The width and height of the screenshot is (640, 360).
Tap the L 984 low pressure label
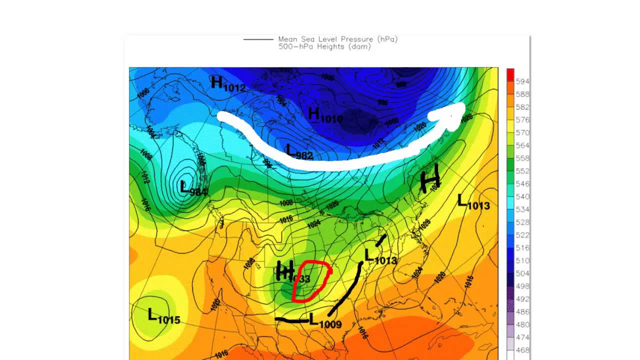pyautogui.click(x=193, y=189)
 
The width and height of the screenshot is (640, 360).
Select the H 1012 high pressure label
pyautogui.click(x=228, y=84)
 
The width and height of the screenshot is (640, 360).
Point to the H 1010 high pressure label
pyautogui.click(x=325, y=115)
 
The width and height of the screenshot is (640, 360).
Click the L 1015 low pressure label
pyautogui.click(x=163, y=316)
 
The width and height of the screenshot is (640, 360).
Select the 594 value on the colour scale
pyautogui.click(x=522, y=81)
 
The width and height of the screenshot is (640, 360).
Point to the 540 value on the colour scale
pyautogui.click(x=522, y=196)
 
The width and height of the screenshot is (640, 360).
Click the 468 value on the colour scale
pyautogui.click(x=522, y=350)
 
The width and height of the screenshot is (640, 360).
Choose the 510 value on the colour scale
pyautogui.click(x=522, y=260)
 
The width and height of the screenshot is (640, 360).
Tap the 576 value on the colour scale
pyautogui.click(x=522, y=120)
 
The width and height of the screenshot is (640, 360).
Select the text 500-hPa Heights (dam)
pyautogui.click(x=324, y=46)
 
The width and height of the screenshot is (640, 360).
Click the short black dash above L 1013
pyautogui.click(x=381, y=240)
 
